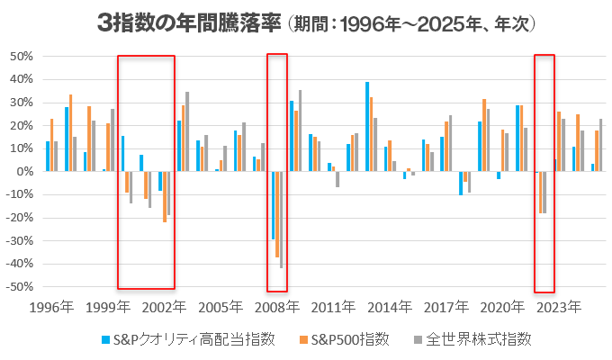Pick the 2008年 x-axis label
click(276, 307)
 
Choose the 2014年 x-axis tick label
click(390, 307)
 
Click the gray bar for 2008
click(281, 220)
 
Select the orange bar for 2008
click(277, 214)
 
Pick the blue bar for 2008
click(273, 205)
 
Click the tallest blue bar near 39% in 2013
click(367, 126)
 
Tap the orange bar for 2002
click(165, 196)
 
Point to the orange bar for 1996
click(51, 145)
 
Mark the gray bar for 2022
click(545, 192)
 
